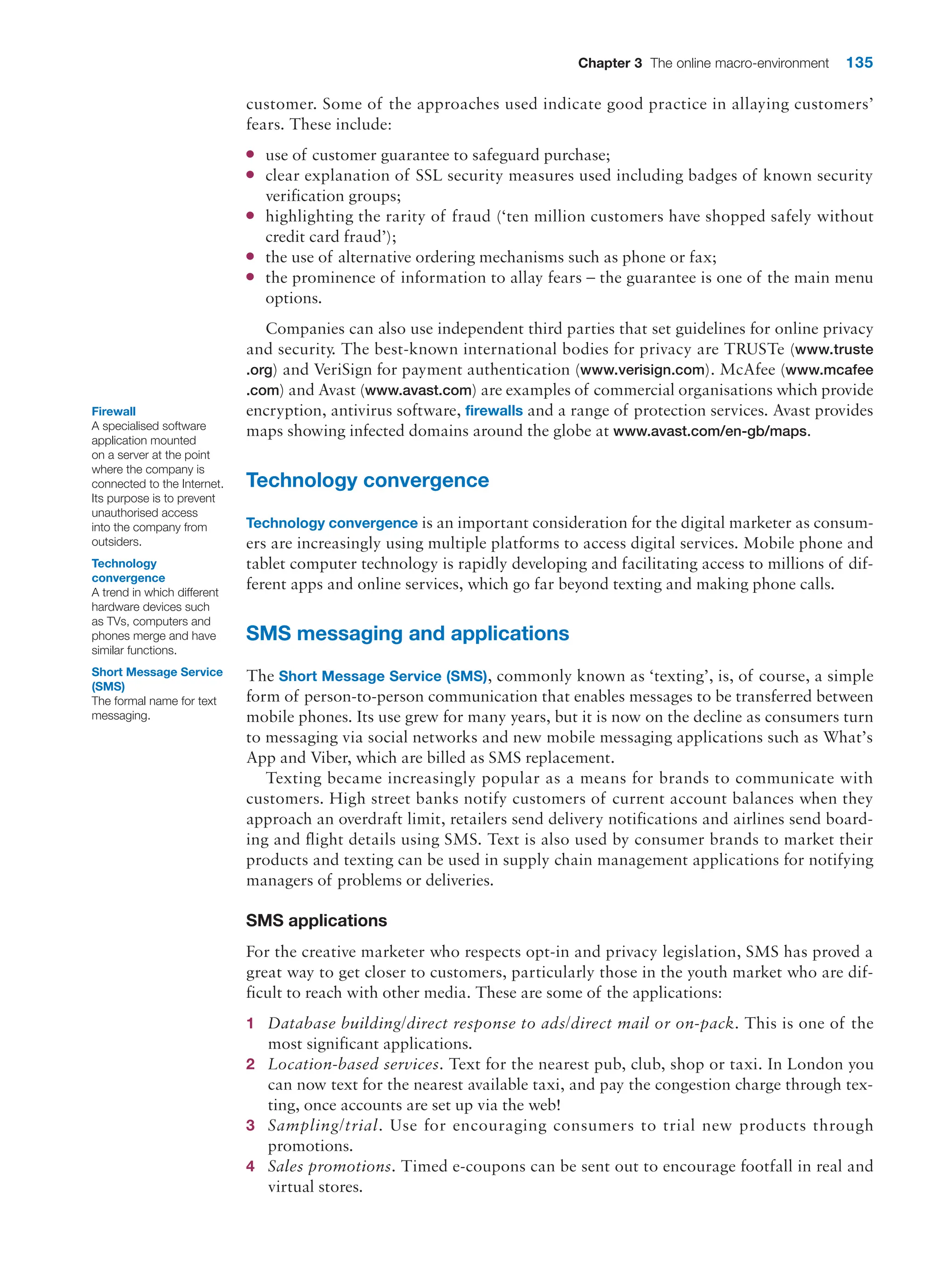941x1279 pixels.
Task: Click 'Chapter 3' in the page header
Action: (609, 63)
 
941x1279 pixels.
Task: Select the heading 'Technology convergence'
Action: (368, 480)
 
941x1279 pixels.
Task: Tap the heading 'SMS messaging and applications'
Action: (407, 633)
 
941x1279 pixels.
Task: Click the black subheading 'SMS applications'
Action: (316, 921)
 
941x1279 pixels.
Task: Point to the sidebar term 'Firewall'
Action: (113, 411)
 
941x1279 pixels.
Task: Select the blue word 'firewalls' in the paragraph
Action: (494, 411)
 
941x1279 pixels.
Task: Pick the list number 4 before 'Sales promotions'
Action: (250, 1167)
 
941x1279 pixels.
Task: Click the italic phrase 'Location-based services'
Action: (353, 1064)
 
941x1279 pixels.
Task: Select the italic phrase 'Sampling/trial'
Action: (323, 1126)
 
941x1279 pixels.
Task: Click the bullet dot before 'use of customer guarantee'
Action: (250, 154)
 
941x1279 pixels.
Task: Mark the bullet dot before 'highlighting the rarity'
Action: (250, 216)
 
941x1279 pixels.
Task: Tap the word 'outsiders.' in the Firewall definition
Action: (116, 542)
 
